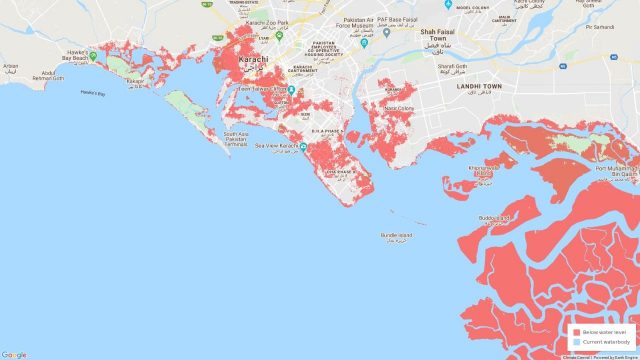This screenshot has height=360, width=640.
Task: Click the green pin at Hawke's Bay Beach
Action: pos(93,56)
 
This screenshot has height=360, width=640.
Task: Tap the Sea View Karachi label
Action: pos(277,146)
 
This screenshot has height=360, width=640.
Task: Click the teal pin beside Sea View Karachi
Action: pos(304,146)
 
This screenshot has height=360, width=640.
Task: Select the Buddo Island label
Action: pos(494,217)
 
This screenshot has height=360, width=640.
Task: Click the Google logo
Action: pos(14,354)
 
